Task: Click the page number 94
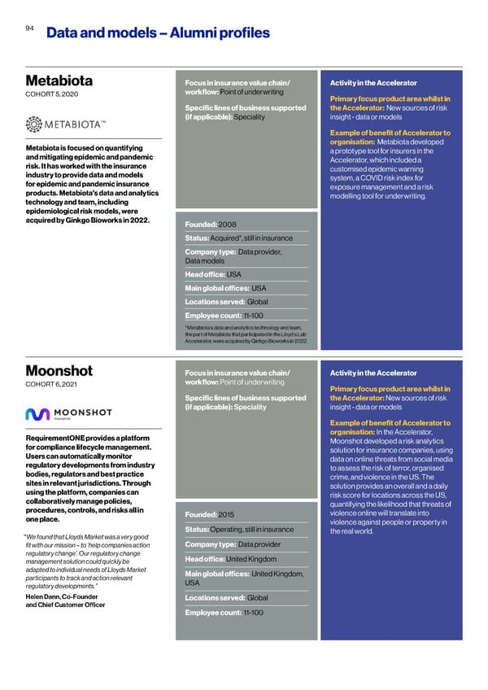point(29,27)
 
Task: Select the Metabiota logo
point(66,124)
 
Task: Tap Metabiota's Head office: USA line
point(214,273)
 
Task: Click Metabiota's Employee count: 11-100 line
point(222,316)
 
